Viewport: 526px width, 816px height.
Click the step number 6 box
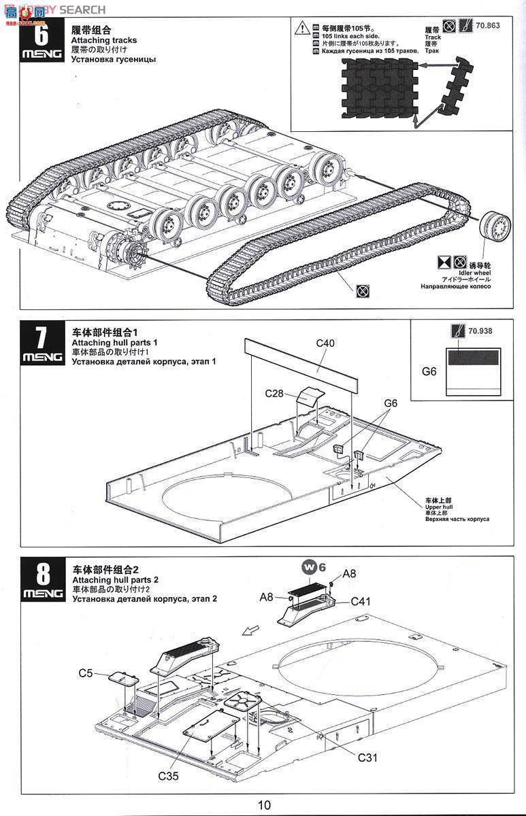pyautogui.click(x=42, y=41)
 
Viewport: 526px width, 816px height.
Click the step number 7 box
pyautogui.click(x=42, y=344)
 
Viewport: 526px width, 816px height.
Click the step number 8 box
pyautogui.click(x=42, y=580)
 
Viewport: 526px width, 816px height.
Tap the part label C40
pyautogui.click(x=325, y=343)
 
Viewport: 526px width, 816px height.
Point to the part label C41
pyautogui.click(x=361, y=601)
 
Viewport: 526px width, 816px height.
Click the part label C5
pyautogui.click(x=85, y=673)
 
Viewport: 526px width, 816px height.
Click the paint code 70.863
pyautogui.click(x=488, y=26)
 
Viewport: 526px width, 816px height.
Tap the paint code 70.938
pyautogui.click(x=480, y=331)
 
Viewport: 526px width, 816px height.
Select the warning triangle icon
pyautogui.click(x=301, y=28)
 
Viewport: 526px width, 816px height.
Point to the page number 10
pyautogui.click(x=264, y=805)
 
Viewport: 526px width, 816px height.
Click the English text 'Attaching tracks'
pyautogui.click(x=103, y=40)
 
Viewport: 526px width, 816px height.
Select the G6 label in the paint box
pyautogui.click(x=429, y=371)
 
